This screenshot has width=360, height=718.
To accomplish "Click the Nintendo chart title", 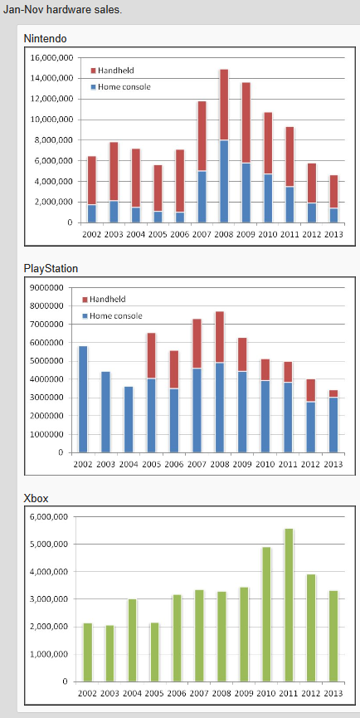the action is pyautogui.click(x=45, y=39).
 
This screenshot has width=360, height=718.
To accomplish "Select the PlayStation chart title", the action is pyautogui.click(x=51, y=269).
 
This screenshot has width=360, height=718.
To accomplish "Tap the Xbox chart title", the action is pyautogui.click(x=36, y=498).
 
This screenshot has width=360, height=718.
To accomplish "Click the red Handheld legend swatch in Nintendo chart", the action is pyautogui.click(x=93, y=71).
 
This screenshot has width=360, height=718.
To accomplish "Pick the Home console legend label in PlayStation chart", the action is pyautogui.click(x=116, y=316).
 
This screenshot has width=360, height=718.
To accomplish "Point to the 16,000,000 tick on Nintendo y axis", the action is pyautogui.click(x=51, y=58).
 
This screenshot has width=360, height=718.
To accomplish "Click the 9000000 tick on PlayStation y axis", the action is pyautogui.click(x=47, y=287).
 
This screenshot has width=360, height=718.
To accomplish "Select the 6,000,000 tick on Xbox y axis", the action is pyautogui.click(x=51, y=517).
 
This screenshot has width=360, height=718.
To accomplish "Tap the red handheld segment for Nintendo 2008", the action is pyautogui.click(x=224, y=105).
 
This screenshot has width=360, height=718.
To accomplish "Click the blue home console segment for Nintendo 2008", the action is pyautogui.click(x=224, y=181).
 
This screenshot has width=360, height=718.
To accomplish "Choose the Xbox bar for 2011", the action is pyautogui.click(x=289, y=605).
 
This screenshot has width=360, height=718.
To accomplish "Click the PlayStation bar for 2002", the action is pyautogui.click(x=83, y=399).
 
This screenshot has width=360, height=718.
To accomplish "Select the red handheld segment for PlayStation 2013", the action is pyautogui.click(x=333, y=393).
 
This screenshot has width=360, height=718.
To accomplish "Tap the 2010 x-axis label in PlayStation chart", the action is pyautogui.click(x=265, y=464).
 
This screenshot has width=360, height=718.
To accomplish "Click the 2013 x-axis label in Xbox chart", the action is pyautogui.click(x=333, y=693).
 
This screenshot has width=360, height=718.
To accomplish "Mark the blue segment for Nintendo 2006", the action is pyautogui.click(x=180, y=217).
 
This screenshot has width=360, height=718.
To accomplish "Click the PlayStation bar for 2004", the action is pyautogui.click(x=129, y=420).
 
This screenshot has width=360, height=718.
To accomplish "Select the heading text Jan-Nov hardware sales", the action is pyautogui.click(x=63, y=10).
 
